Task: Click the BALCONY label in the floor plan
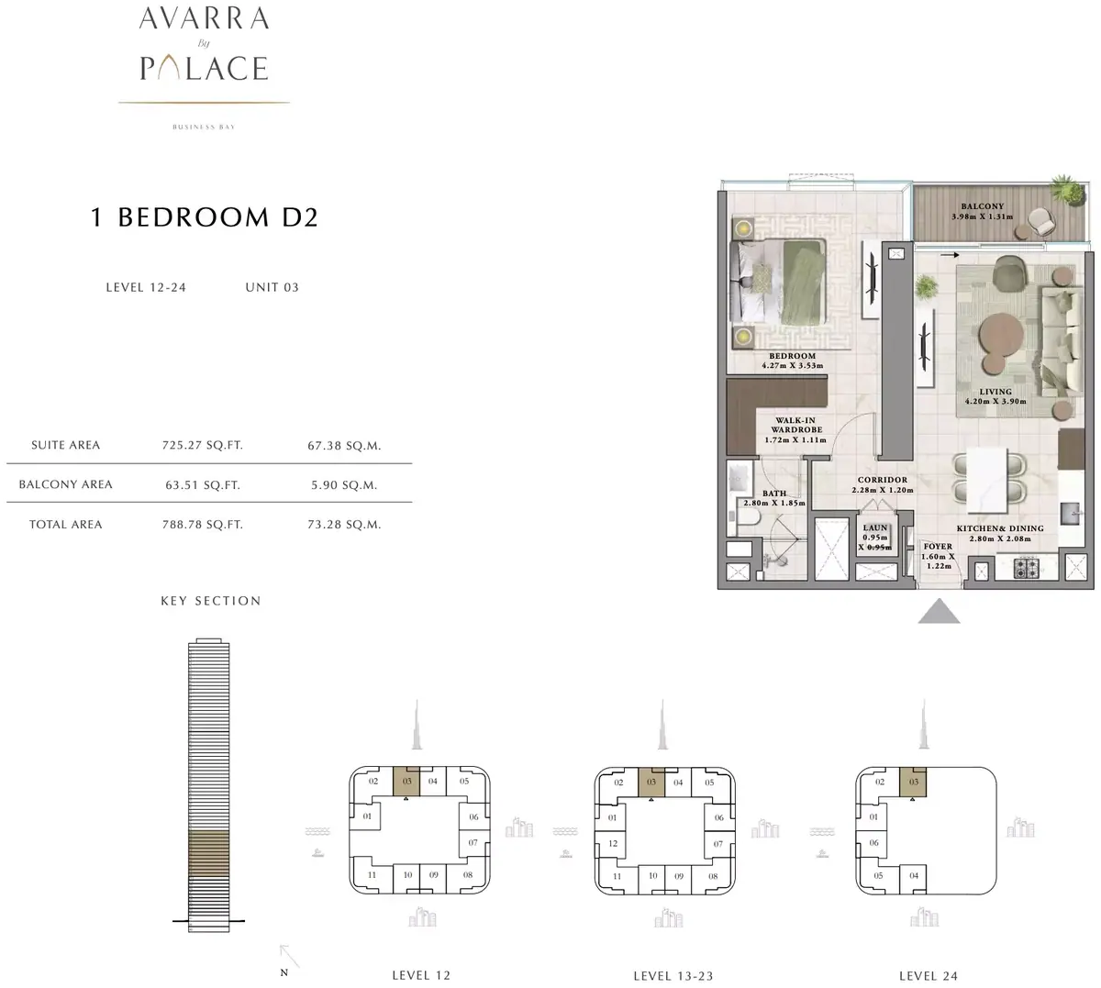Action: (x=982, y=206)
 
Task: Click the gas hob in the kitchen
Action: (x=1026, y=569)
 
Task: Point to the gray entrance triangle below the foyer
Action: (x=939, y=611)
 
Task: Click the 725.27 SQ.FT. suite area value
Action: (x=203, y=446)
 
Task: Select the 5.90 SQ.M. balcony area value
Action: (x=344, y=484)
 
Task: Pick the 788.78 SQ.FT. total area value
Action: (x=203, y=525)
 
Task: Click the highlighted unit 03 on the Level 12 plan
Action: (x=406, y=782)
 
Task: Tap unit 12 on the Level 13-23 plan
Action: (x=613, y=843)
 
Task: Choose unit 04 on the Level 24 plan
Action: (x=914, y=875)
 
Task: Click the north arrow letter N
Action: (x=284, y=972)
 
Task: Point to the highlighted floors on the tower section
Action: (x=208, y=853)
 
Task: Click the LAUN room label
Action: (x=875, y=527)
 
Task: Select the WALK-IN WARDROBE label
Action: (x=795, y=425)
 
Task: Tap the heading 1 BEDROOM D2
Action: (x=204, y=217)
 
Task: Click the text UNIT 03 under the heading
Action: (x=272, y=287)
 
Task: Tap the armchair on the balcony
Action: (x=1041, y=221)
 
